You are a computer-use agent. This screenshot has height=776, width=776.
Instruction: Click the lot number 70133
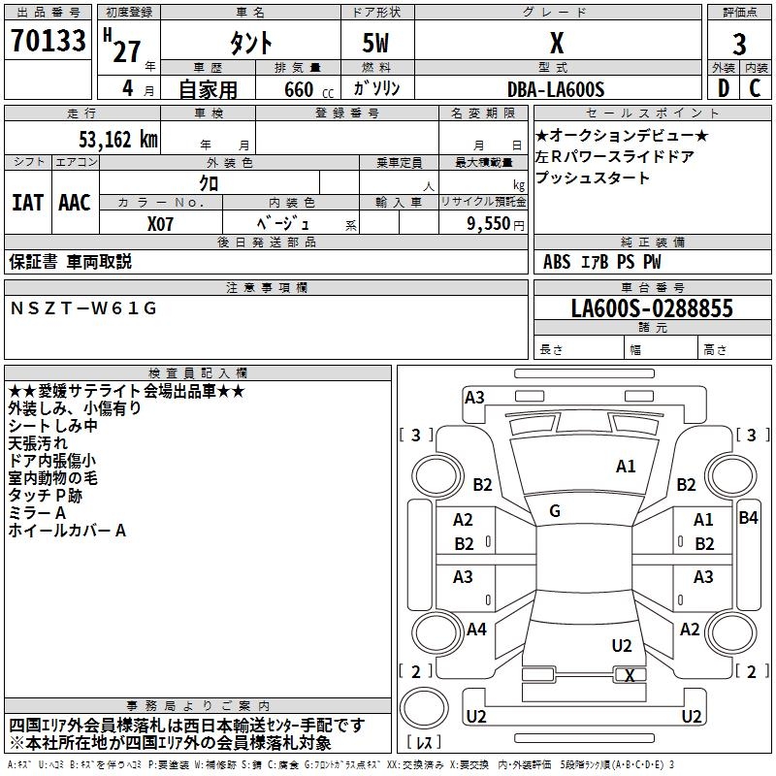(x=48, y=42)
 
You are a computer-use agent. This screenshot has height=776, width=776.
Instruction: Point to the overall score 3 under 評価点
(x=739, y=45)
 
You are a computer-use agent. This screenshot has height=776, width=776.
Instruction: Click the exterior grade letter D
(x=723, y=88)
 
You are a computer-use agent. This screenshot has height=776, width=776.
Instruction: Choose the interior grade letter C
(x=755, y=88)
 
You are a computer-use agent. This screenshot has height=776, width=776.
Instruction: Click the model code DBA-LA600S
(x=556, y=89)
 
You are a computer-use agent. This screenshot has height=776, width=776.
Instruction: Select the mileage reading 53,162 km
(x=107, y=139)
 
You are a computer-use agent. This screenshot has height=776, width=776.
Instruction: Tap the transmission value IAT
(x=27, y=202)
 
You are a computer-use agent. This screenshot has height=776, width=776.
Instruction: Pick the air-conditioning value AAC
(x=75, y=202)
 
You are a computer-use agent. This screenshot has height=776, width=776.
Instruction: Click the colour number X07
(x=161, y=223)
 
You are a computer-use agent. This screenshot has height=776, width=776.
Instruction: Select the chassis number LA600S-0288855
(x=652, y=309)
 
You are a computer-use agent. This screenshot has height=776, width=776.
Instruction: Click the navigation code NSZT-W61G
(x=82, y=308)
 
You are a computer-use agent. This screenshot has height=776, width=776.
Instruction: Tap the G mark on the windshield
(x=554, y=510)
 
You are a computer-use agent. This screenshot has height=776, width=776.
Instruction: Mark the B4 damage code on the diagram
(x=748, y=518)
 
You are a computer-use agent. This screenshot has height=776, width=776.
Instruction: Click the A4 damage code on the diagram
(x=476, y=630)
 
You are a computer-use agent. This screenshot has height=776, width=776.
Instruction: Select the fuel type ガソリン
(x=376, y=89)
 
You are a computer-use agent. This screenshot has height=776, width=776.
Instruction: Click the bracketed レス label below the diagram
(x=424, y=743)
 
